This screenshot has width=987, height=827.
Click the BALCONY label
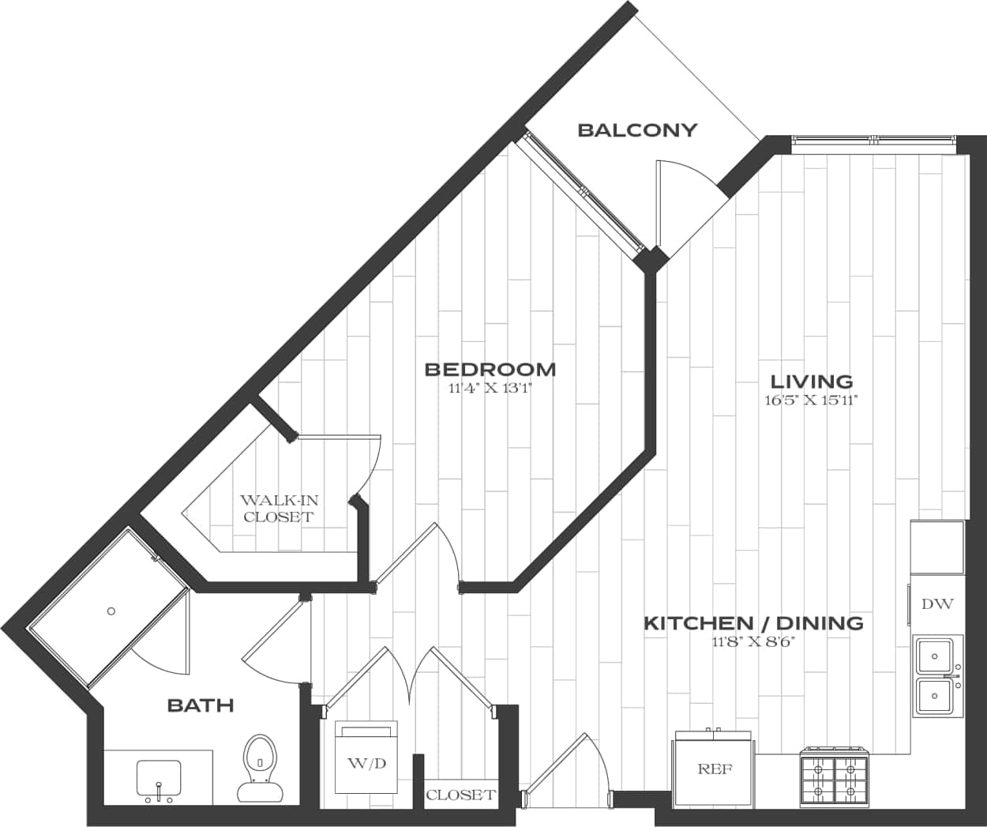tap(637, 130)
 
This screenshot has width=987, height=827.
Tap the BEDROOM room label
tap(490, 369)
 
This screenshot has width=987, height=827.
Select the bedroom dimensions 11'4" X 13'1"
tap(490, 388)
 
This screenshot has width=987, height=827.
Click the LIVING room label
tap(812, 382)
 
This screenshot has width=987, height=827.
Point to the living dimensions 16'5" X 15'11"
tap(811, 400)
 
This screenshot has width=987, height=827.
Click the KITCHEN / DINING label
tap(753, 623)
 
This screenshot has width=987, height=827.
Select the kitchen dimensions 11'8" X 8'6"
tap(752, 642)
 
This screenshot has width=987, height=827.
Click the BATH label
tap(201, 705)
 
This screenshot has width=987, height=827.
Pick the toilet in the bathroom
tap(258, 768)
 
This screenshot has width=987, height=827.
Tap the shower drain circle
tap(111, 611)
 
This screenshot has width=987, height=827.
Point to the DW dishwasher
tap(937, 604)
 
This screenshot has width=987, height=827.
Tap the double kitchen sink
tap(937, 675)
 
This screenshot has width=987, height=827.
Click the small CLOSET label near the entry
tap(460, 795)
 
